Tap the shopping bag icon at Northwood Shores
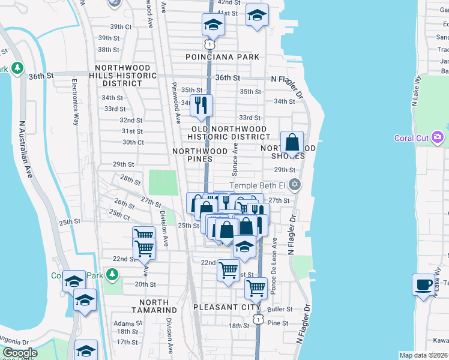click(292, 143)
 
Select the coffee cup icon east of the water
click(424, 285)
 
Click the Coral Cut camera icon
click(438, 138)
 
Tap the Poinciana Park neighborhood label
click(222, 57)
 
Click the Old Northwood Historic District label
click(229, 133)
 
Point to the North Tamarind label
click(150, 306)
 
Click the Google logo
click(20, 353)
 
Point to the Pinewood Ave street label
click(175, 102)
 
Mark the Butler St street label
click(280, 310)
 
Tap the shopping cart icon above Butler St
click(256, 288)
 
